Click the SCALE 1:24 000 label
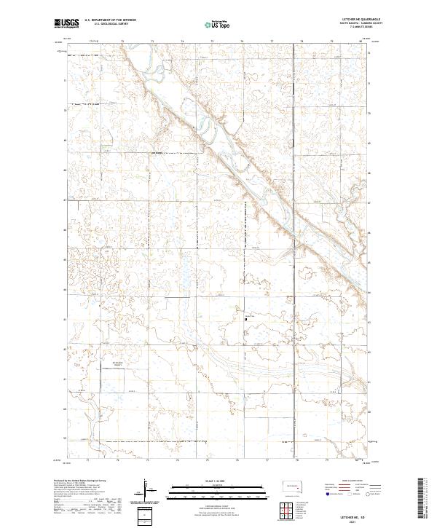pos(219,481)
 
